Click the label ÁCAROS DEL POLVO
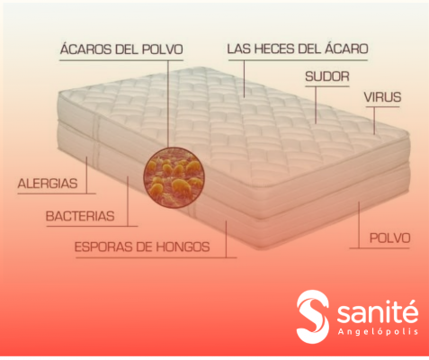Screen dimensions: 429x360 [x=121, y=49]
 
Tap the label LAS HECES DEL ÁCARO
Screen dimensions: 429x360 [x=298, y=49]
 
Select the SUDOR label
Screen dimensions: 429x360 [x=327, y=76]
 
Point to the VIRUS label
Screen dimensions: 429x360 [x=382, y=97]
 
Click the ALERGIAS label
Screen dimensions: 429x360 [x=48, y=184]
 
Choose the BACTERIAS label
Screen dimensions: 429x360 [x=80, y=216]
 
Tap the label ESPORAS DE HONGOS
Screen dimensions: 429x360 [x=142, y=247]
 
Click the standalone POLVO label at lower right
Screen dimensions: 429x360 [x=389, y=238]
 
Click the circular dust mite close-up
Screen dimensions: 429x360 [x=174, y=177]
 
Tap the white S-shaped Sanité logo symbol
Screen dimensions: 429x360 [x=313, y=317]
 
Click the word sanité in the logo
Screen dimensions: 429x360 [x=378, y=312]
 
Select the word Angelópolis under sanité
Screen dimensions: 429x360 [x=378, y=331]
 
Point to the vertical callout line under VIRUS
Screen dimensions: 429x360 [x=374, y=121]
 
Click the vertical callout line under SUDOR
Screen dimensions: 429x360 [x=316, y=105]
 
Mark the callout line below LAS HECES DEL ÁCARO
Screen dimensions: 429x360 [x=244, y=79]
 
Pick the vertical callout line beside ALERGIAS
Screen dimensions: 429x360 [x=87, y=175]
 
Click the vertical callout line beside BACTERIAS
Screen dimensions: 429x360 [x=128, y=201]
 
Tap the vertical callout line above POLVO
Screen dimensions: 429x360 [x=359, y=225]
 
